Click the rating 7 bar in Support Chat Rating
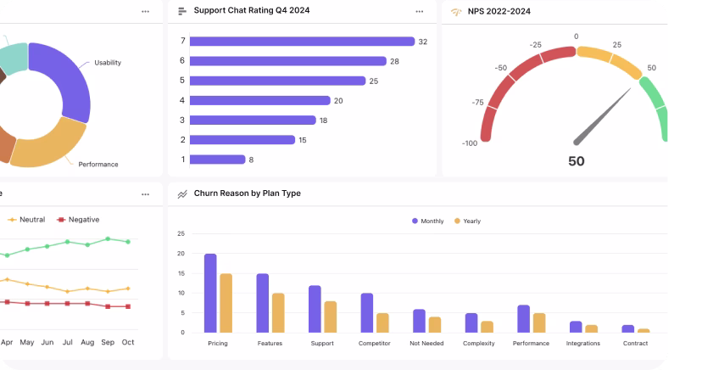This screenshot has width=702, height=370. [x=302, y=42]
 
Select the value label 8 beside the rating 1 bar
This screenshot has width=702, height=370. [x=251, y=160]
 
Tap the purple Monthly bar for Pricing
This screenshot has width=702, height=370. [x=210, y=293]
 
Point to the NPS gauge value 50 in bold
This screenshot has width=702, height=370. [x=576, y=161]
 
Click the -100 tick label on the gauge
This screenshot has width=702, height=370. [x=470, y=143]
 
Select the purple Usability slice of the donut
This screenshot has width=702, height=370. [x=64, y=76]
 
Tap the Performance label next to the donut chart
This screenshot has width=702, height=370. [x=98, y=164]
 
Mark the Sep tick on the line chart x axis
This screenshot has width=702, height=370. [x=108, y=342]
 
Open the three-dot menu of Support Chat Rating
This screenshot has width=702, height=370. [x=420, y=12]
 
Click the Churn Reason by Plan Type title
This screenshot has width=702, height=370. [x=247, y=193]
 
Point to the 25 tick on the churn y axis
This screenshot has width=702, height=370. [x=181, y=233]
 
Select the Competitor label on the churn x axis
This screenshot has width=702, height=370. [x=374, y=344]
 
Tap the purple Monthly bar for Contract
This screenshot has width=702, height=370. [x=627, y=328]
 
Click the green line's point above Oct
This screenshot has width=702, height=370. [x=128, y=242]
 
